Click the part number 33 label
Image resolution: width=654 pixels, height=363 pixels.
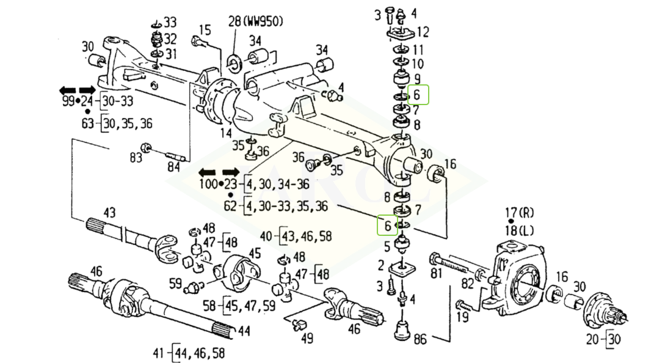(x=169, y=23)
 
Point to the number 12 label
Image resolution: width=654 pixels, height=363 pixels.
(x=423, y=32)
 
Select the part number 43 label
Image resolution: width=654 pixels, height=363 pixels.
(x=109, y=213)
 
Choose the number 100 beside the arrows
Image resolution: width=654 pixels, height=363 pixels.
(x=209, y=184)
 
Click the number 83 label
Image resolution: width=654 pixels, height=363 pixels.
(x=135, y=158)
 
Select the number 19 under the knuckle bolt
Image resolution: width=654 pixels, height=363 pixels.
(x=462, y=317)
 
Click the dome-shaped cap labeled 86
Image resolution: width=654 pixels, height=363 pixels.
(x=403, y=329)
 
